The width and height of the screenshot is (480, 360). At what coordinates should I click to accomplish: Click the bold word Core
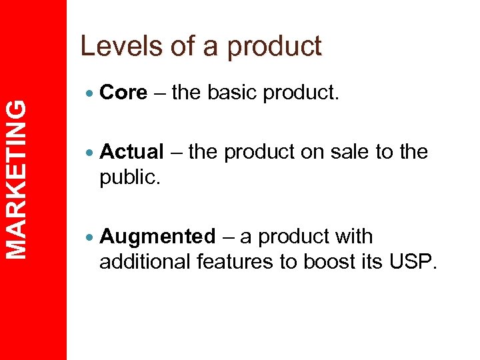pyautogui.click(x=123, y=93)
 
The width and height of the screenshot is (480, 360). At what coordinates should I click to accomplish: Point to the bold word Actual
pyautogui.click(x=131, y=152)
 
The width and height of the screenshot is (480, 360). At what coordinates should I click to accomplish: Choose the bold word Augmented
pyautogui.click(x=157, y=237)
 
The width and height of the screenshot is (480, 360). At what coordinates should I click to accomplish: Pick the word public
pyautogui.click(x=128, y=177)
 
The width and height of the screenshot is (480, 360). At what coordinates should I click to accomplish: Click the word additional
pyautogui.click(x=145, y=262)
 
